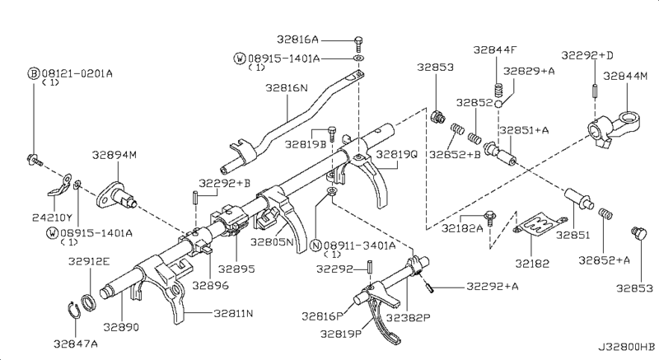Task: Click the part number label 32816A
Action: coord(297,40)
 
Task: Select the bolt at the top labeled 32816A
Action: coord(358,44)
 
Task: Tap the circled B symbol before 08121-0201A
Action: coord(34,74)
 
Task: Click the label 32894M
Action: coord(114,155)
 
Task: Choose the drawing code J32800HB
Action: coord(626,347)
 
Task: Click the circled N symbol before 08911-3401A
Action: coord(316,245)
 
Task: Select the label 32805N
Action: coord(272,242)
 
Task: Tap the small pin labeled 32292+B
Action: coord(195,197)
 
